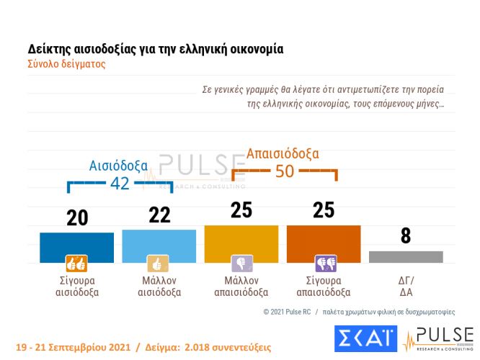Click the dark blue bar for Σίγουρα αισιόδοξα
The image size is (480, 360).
click(x=76, y=247)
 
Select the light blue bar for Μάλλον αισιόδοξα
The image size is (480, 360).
click(x=159, y=246)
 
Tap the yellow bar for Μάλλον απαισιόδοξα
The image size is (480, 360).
click(x=241, y=244)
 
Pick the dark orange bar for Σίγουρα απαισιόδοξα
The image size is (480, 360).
click(x=323, y=244)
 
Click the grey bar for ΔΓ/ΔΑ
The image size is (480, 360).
click(x=405, y=257)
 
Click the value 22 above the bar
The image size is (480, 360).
click(x=159, y=216)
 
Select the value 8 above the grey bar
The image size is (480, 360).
click(x=405, y=236)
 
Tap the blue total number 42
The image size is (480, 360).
click(x=120, y=184)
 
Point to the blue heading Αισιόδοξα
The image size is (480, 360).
click(x=118, y=165)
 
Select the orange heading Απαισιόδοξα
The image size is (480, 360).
click(x=283, y=153)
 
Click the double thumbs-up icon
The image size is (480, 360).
click(x=76, y=263)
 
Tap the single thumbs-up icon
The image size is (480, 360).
click(x=159, y=263)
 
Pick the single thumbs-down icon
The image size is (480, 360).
click(x=241, y=263)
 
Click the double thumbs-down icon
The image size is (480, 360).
click(x=323, y=263)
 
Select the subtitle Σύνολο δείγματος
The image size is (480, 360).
click(x=66, y=63)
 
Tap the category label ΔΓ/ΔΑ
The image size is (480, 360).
click(x=405, y=287)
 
